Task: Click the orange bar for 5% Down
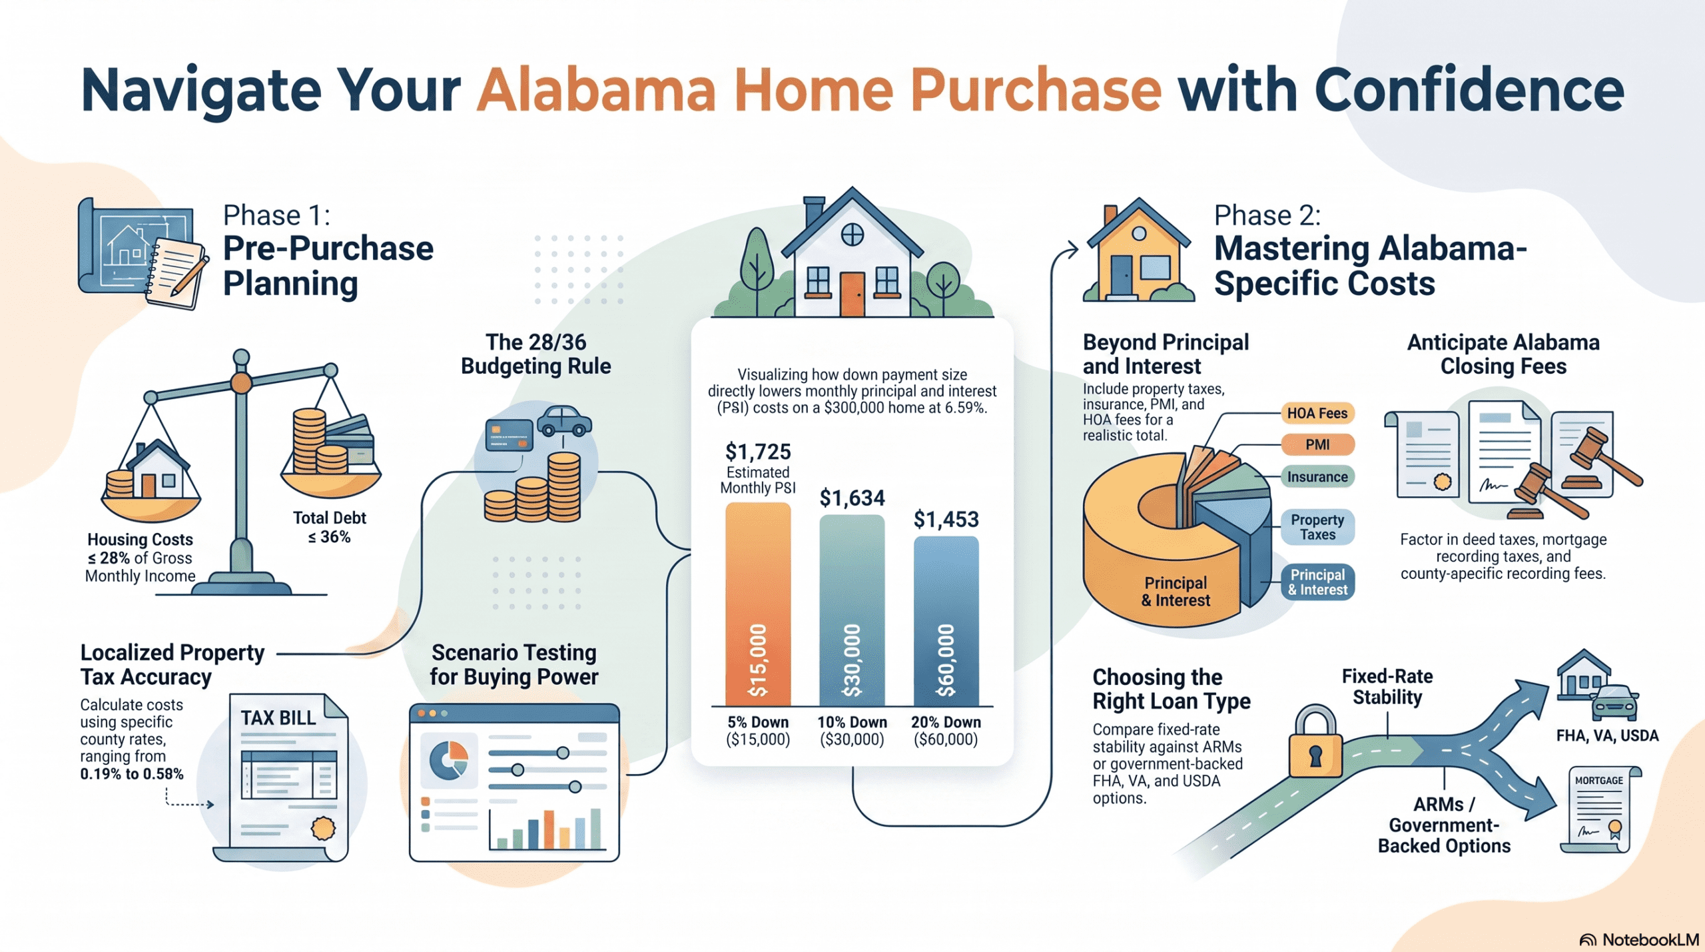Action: pos(758,604)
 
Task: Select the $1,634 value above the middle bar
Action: pos(852,498)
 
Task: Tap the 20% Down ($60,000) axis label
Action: pos(946,731)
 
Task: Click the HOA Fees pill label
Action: pos(1317,413)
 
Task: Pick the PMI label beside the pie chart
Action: pos(1317,444)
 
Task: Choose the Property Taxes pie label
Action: pos(1317,527)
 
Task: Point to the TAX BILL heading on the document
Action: pos(278,718)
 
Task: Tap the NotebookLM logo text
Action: pos(1650,939)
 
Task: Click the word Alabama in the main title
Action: pos(596,90)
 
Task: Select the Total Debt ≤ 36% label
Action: pos(330,527)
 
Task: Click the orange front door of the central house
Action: pos(852,294)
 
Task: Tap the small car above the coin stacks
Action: pos(564,420)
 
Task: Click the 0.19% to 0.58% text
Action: pos(132,774)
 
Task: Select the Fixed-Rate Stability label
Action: pos(1387,687)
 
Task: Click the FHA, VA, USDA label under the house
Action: pos(1607,735)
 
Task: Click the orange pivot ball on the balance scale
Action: pos(241,383)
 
